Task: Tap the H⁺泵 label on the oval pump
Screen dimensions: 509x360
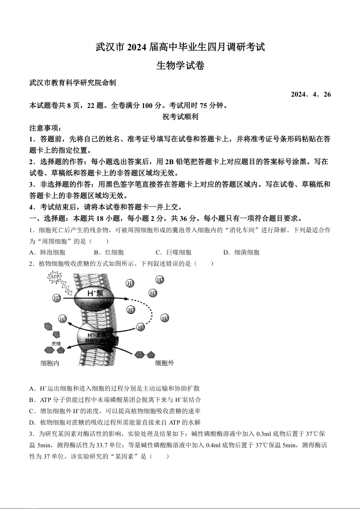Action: (95, 294)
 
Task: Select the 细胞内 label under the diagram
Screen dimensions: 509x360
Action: (49, 363)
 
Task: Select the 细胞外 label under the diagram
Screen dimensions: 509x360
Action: (164, 363)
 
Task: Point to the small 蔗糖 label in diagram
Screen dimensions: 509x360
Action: (56, 343)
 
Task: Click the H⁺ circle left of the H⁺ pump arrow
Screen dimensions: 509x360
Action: (57, 298)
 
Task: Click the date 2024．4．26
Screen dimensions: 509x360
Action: (311, 94)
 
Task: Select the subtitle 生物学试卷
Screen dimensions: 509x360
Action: (180, 65)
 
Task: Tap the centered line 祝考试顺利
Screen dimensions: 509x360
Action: (180, 117)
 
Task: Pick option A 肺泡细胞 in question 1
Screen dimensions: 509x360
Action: (47, 253)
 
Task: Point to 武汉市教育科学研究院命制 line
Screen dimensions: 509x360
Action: (73, 83)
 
